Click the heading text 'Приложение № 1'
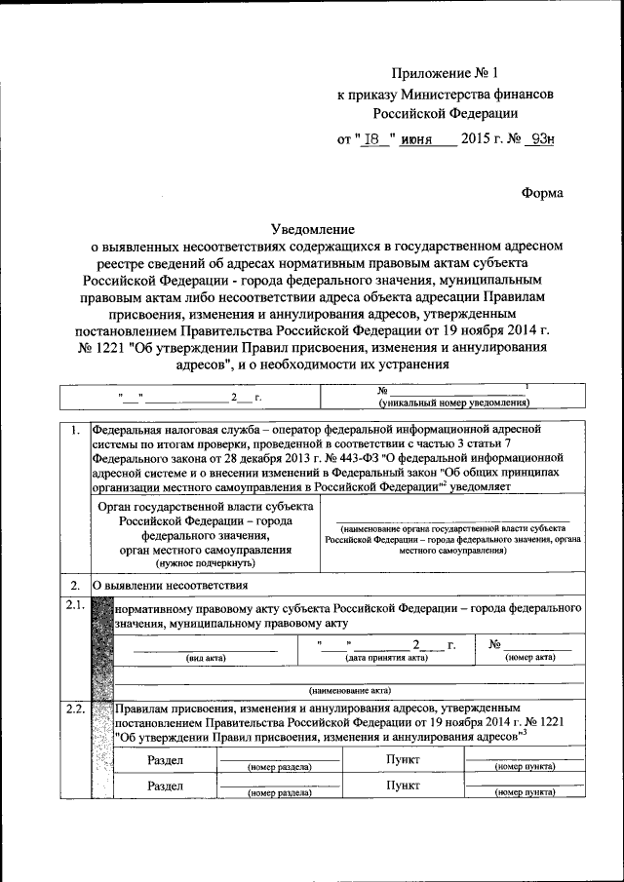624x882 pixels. [x=444, y=74]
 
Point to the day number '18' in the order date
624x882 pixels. [x=371, y=138]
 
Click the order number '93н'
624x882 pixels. [x=538, y=138]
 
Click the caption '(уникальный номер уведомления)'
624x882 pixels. [x=453, y=403]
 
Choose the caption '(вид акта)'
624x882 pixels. [x=206, y=658]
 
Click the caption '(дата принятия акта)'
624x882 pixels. [x=388, y=658]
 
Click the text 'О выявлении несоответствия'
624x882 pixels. [x=171, y=585]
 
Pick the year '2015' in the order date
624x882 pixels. [x=477, y=138]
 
